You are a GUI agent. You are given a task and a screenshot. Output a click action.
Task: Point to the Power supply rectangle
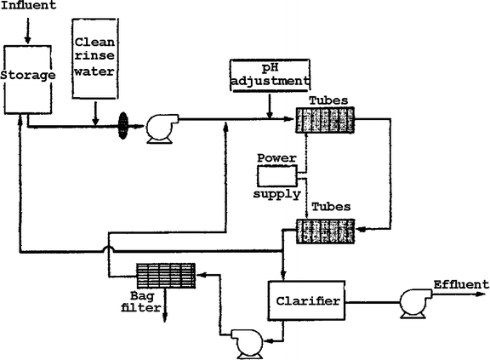click(277, 175)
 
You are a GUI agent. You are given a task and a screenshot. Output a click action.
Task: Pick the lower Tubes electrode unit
click(325, 230)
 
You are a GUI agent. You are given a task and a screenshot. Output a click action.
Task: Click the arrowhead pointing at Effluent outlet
click(484, 295)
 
